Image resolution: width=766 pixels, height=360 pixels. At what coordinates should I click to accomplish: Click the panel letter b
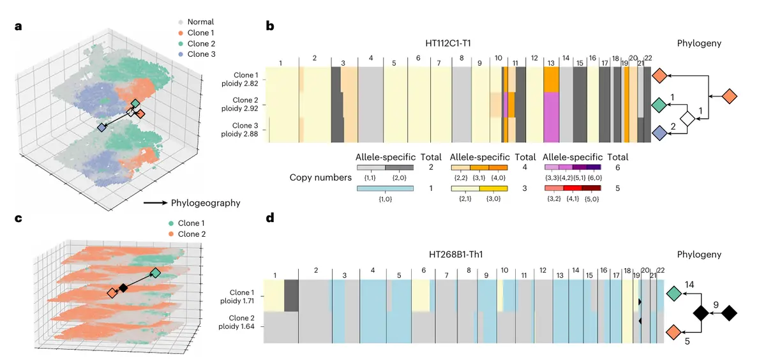270,26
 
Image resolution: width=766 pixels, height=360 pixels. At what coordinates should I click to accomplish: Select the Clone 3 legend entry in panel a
196,54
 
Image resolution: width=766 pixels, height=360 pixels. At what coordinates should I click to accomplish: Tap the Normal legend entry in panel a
196,22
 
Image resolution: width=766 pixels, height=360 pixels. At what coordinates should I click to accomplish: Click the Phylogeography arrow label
204,203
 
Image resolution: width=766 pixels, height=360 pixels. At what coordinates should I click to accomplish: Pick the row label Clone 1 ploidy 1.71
244,299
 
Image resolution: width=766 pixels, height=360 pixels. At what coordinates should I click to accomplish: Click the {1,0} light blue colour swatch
385,189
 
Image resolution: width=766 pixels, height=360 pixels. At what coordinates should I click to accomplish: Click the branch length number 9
716,304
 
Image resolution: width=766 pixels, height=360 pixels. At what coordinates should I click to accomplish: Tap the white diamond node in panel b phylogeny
687,118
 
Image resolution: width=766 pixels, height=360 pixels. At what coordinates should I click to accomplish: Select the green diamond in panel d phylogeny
673,294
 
